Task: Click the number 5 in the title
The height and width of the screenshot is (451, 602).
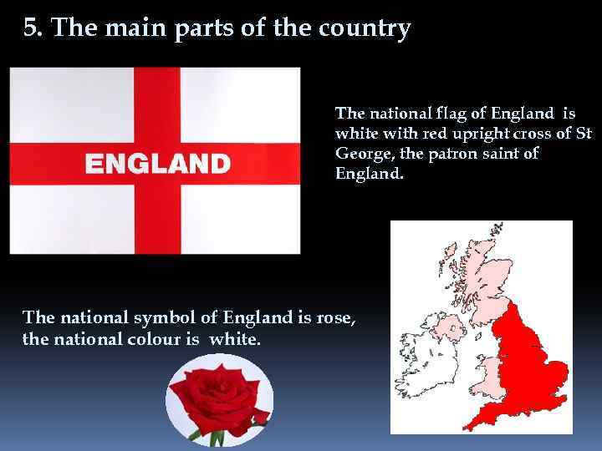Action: click(x=30, y=29)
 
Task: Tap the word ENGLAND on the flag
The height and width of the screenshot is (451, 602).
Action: click(x=158, y=163)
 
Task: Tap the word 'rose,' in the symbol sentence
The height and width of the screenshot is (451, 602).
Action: click(x=337, y=317)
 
